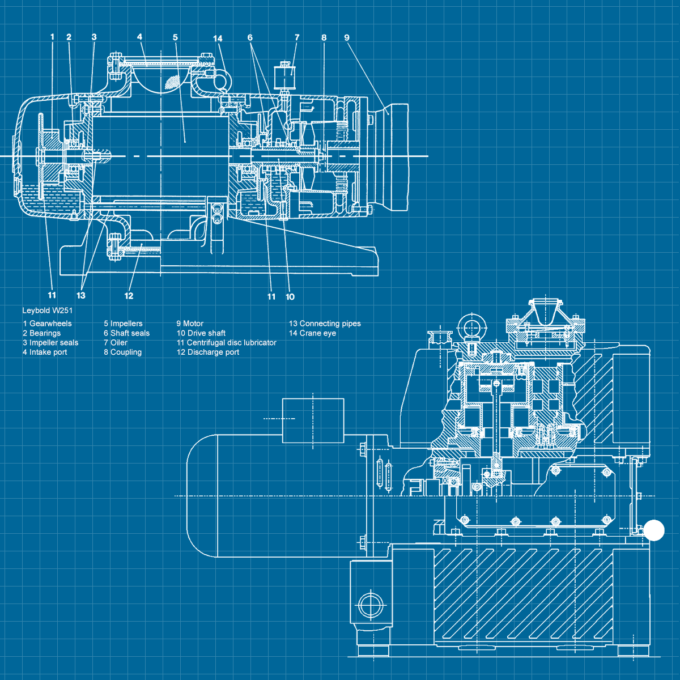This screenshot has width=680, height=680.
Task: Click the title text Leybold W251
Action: [47, 311]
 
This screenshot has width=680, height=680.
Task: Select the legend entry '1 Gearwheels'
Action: [48, 324]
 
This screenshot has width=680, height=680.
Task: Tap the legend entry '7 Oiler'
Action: [116, 343]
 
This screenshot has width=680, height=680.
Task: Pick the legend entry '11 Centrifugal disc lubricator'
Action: [226, 343]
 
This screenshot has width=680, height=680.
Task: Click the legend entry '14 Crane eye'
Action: [312, 333]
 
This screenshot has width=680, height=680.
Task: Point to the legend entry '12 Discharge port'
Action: [208, 352]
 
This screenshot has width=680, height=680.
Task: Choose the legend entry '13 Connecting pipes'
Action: [325, 324]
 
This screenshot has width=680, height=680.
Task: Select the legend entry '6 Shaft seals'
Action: [126, 333]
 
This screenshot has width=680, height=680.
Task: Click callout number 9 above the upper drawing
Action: [347, 38]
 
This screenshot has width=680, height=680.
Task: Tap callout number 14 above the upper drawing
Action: [218, 39]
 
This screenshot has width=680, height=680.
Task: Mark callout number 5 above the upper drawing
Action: [175, 37]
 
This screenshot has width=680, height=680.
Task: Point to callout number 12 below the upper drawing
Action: [129, 296]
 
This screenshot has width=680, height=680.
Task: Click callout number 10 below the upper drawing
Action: [290, 297]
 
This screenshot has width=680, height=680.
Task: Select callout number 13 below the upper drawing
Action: [81, 296]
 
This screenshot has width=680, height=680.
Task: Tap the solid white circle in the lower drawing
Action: [654, 530]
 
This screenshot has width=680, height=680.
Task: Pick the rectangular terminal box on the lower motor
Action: [313, 420]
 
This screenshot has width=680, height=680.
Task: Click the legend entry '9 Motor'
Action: [190, 324]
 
